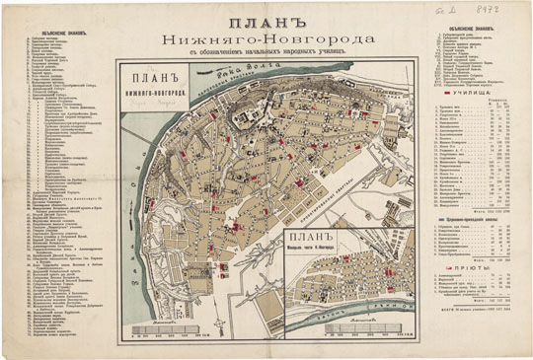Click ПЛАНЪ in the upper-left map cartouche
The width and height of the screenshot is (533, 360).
point(146,78)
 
